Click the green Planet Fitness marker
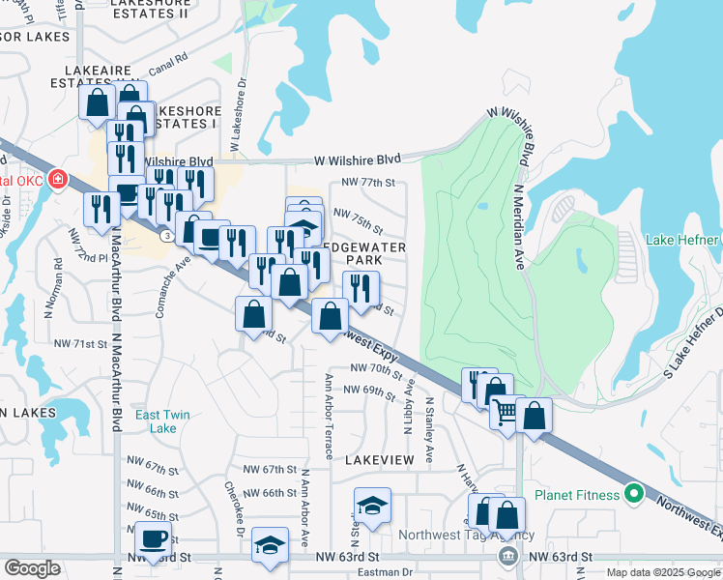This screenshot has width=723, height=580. click(x=634, y=495)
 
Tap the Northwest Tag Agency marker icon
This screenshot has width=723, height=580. click(x=507, y=557)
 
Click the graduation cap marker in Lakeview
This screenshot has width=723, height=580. click(x=372, y=504)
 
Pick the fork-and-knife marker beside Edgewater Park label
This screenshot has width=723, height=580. click(x=361, y=285)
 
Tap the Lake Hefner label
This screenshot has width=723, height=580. click(x=682, y=240)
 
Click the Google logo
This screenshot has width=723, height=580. click(x=32, y=568)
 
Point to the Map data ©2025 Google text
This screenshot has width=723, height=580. click(x=662, y=572)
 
